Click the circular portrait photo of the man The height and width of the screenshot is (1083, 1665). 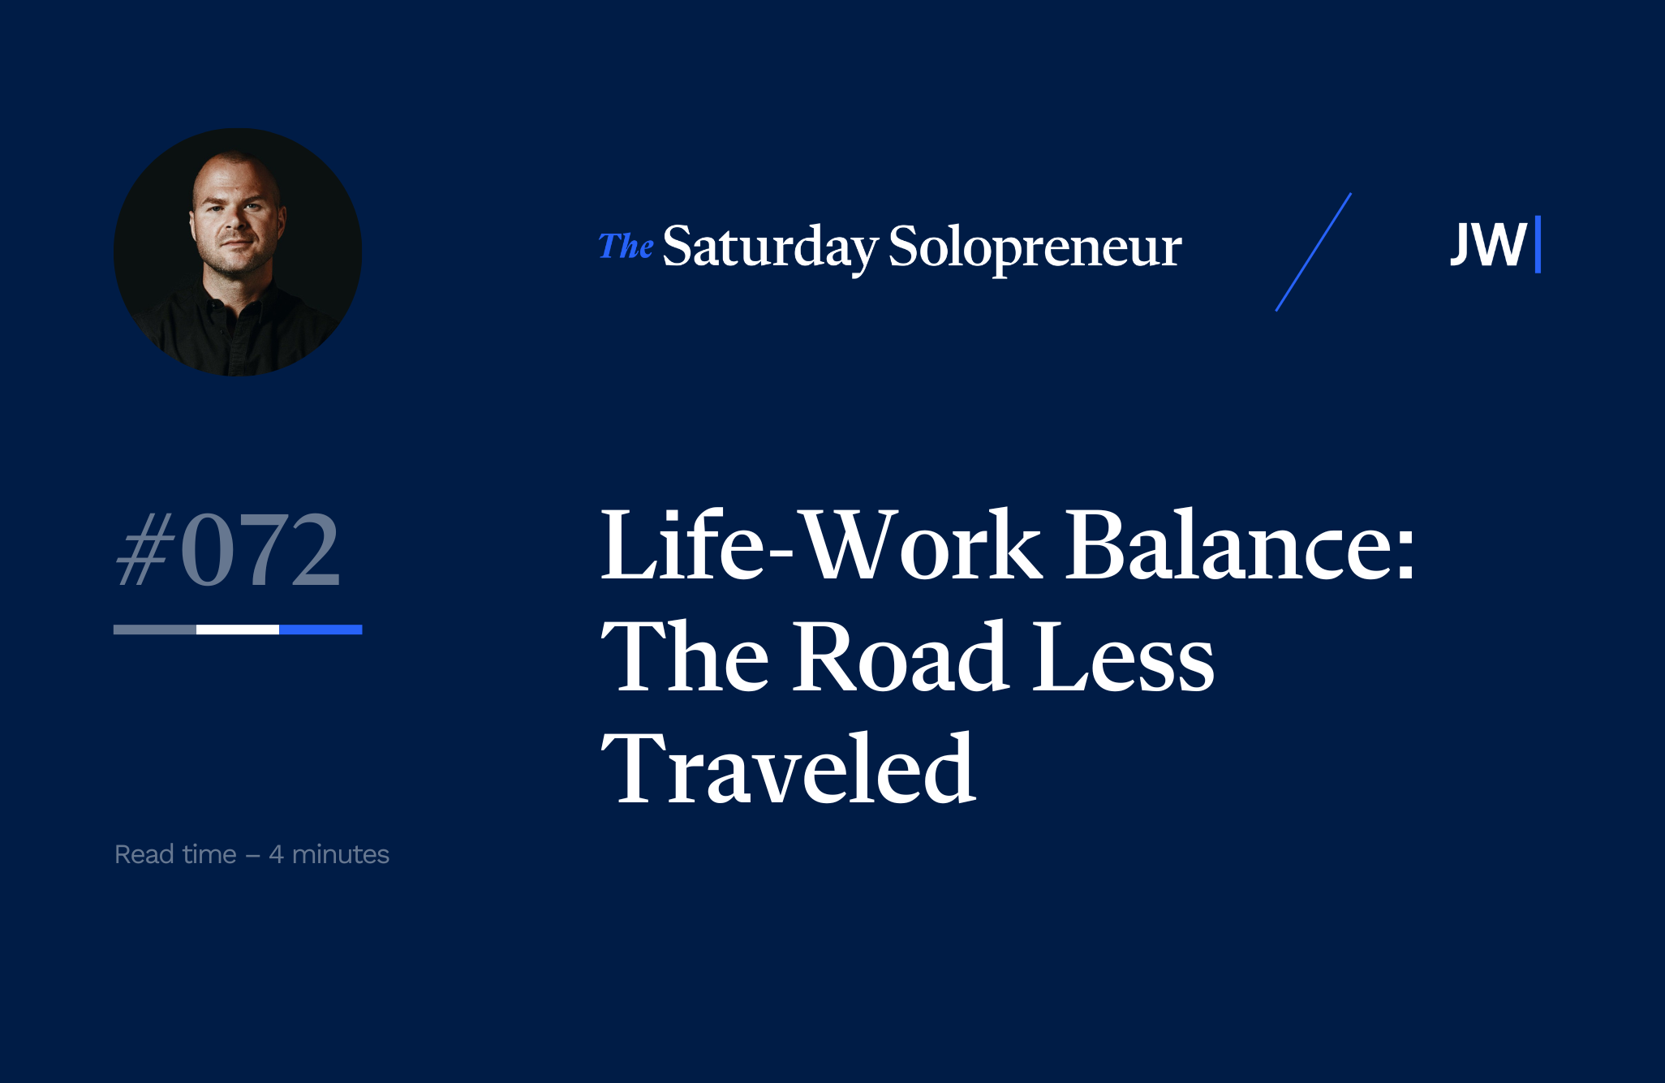tap(238, 251)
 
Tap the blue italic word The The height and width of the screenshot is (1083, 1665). tap(626, 246)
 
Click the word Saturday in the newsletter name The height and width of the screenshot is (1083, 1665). tap(770, 247)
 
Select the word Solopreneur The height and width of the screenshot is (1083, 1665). tap(1035, 247)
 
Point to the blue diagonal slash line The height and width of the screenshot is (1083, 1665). tap(1314, 252)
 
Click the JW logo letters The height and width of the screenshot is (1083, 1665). tap(1488, 244)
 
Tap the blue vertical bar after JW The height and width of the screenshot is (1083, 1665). tap(1538, 244)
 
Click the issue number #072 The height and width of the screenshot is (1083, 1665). tap(228, 549)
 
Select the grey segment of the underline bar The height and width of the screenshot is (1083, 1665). tap(155, 630)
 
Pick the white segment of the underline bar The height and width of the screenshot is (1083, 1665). tap(238, 630)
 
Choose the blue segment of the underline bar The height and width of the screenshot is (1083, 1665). tap(321, 630)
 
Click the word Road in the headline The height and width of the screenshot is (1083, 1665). tap(901, 655)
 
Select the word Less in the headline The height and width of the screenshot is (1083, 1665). tap(1124, 655)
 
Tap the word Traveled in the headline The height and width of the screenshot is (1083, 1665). tap(788, 767)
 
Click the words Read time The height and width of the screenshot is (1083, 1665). tap(175, 854)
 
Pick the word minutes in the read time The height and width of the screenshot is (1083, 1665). tap(341, 854)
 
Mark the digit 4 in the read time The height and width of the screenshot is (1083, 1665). tap(276, 855)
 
